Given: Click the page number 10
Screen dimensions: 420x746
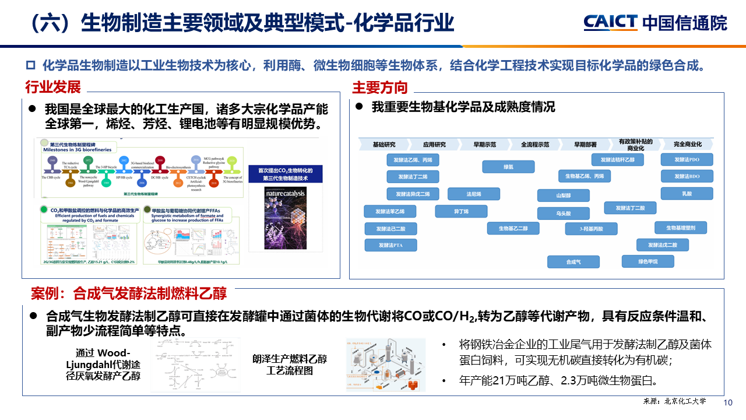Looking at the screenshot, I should click(x=727, y=403).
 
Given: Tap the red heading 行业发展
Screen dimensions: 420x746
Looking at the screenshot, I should click(x=52, y=87).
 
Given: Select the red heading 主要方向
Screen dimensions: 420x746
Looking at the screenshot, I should click(x=380, y=87).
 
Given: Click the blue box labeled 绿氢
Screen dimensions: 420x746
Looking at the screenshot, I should click(x=508, y=167).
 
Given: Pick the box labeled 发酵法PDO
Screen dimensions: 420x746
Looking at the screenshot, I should click(x=687, y=159).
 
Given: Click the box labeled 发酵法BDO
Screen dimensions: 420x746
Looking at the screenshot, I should click(x=687, y=176).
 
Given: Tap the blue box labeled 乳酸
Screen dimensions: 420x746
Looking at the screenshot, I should click(x=687, y=193).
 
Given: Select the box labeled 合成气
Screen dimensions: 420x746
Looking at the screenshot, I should click(x=573, y=262).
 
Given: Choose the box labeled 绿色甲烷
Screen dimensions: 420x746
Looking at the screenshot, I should click(x=648, y=261).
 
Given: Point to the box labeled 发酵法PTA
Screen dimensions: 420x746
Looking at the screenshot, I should click(x=391, y=246).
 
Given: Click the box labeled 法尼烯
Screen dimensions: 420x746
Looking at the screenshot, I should click(x=473, y=194).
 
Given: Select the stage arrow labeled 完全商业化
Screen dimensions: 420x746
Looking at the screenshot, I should click(x=687, y=144).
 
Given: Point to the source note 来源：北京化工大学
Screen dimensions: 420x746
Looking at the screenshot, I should click(x=674, y=401).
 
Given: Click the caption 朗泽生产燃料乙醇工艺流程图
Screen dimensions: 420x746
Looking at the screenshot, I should click(x=289, y=365).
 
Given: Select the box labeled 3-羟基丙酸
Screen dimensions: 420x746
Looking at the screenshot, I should click(x=591, y=229).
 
